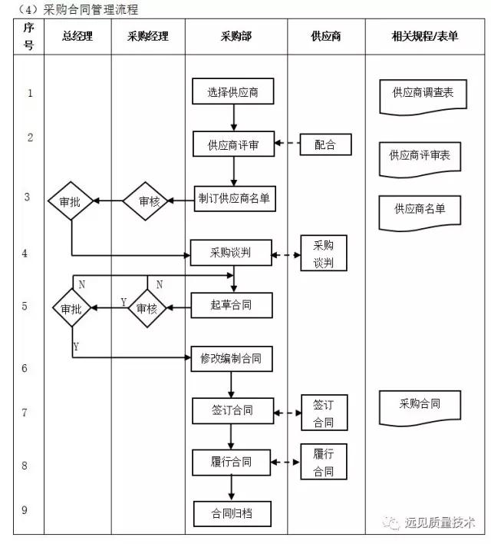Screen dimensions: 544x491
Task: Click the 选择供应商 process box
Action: pyautogui.click(x=233, y=93)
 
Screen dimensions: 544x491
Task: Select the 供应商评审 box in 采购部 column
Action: pyautogui.click(x=233, y=144)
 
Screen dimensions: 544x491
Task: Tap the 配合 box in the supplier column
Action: pyautogui.click(x=325, y=144)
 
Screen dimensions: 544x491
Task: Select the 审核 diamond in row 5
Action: pyautogui.click(x=147, y=307)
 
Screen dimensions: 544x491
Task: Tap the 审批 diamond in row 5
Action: pyautogui.click(x=71, y=307)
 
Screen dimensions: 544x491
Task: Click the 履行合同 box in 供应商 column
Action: pyautogui.click(x=325, y=462)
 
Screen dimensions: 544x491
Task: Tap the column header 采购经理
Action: pyautogui.click(x=148, y=36)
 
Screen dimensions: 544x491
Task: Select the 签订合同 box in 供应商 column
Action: pyautogui.click(x=325, y=413)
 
